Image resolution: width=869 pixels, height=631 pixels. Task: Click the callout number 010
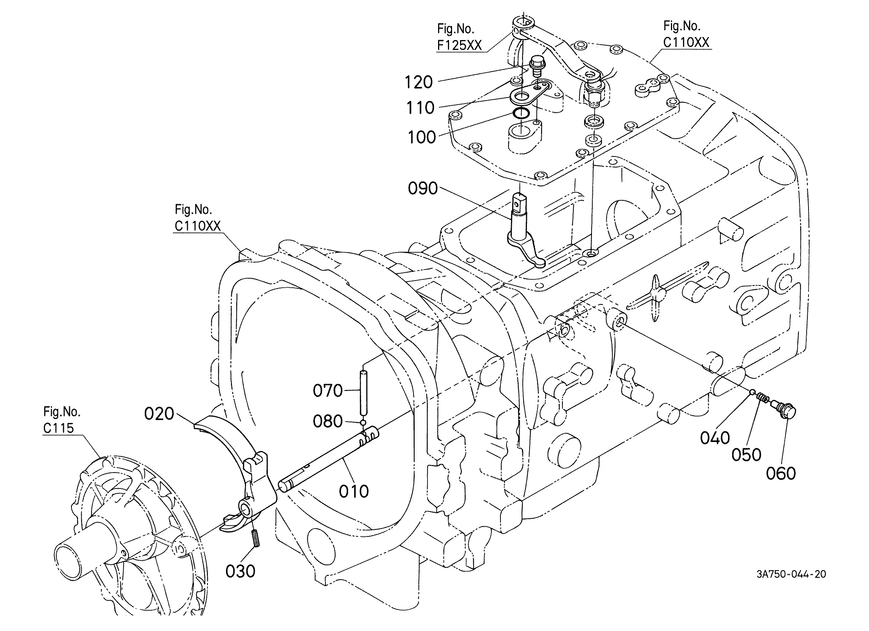(354, 491)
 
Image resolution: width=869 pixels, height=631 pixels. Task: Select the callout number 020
(159, 414)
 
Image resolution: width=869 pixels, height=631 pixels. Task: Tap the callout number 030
(240, 571)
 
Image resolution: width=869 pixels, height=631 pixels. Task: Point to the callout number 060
(781, 473)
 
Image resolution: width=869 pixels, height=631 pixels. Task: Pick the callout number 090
(423, 188)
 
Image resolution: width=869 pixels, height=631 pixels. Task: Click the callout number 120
(419, 82)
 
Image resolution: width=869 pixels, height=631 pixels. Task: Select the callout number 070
(328, 391)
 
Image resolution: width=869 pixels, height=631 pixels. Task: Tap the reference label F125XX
(459, 45)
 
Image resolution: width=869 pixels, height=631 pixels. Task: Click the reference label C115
(58, 428)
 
